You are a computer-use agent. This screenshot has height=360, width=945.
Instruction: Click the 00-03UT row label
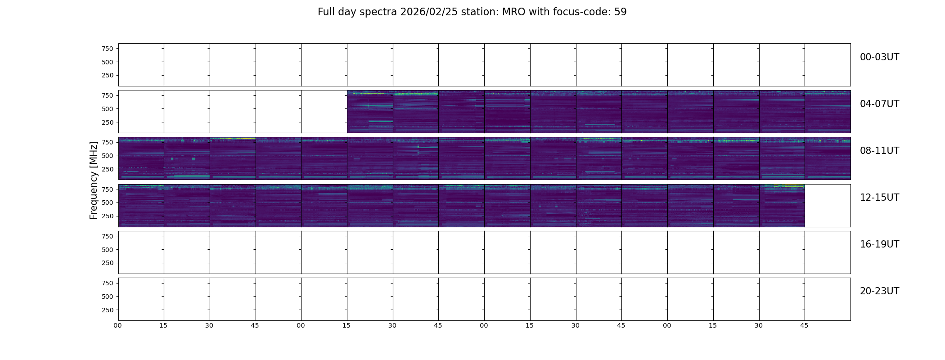tap(879, 57)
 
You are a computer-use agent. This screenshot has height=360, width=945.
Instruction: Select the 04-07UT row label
tap(879, 104)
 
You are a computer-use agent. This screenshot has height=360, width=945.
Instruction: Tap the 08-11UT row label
tap(879, 151)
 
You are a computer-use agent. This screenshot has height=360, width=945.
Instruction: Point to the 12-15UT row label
tap(879, 198)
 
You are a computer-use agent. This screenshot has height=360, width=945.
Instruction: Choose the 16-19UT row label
tap(879, 244)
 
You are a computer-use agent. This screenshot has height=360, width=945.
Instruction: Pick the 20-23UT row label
tap(879, 291)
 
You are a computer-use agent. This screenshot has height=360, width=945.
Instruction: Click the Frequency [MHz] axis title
tap(94, 180)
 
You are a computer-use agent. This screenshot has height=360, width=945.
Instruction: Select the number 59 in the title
tap(621, 12)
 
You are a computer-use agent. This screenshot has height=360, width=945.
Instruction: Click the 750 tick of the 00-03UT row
tap(108, 49)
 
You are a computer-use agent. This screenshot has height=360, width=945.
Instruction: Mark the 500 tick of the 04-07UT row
tap(108, 109)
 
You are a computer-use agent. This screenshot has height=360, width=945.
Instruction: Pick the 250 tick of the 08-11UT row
tap(108, 169)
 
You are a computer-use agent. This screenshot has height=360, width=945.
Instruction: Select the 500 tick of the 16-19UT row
tap(108, 250)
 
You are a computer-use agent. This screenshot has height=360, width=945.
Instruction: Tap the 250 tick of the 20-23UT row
tap(108, 310)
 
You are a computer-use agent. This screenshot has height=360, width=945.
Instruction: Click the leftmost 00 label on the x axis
tap(118, 326)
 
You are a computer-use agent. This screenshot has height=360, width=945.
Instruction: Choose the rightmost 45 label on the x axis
tap(805, 326)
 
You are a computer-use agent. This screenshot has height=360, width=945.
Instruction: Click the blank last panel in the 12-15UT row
tap(828, 206)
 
